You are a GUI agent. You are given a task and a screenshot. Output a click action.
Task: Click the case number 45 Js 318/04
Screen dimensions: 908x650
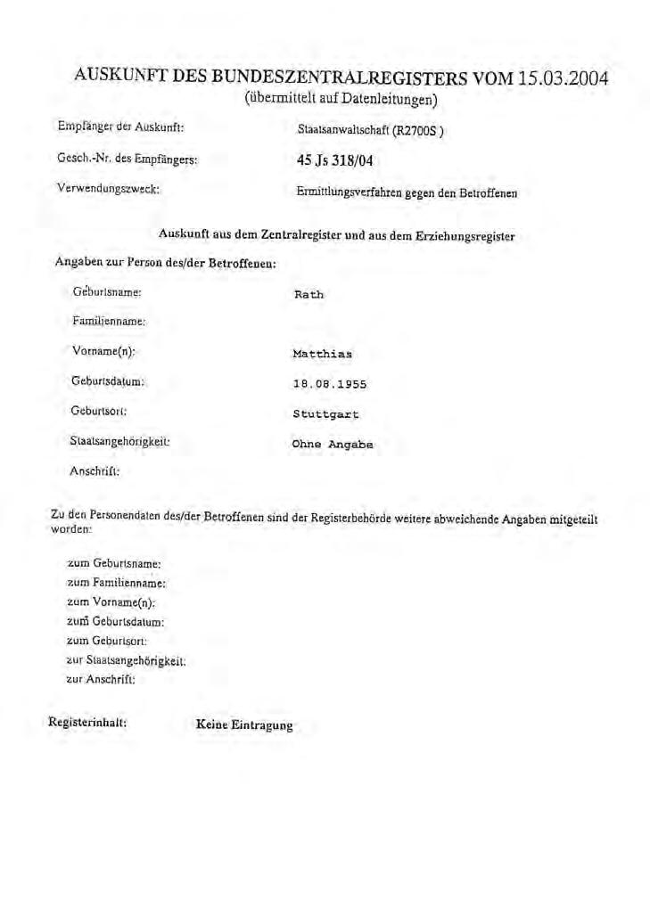click(333, 161)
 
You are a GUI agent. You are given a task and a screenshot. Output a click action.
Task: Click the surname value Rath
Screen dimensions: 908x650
click(309, 294)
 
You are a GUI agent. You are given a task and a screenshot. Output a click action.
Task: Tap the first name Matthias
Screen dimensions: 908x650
click(322, 354)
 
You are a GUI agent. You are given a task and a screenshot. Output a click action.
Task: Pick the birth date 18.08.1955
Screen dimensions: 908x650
click(330, 384)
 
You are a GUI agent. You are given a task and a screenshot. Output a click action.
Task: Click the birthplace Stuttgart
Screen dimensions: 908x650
click(325, 414)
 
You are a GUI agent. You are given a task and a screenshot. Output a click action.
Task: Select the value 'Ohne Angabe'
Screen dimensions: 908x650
click(333, 445)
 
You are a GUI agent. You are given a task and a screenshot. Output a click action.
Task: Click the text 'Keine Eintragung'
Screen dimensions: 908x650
click(243, 725)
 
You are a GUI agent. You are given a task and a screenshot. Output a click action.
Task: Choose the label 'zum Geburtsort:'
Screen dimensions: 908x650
click(107, 641)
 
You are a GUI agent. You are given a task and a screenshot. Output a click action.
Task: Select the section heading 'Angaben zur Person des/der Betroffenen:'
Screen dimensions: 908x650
click(165, 263)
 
